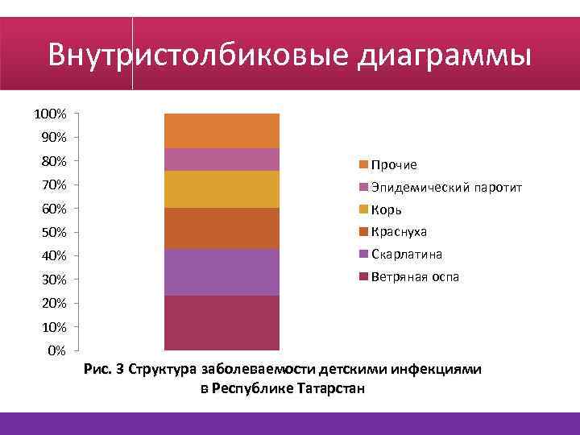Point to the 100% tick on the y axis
[50, 114]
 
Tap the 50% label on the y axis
[53, 233]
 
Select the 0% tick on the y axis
[56, 350]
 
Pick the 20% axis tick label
[53, 303]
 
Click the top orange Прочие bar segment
[222, 130]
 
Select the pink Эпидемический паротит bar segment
[222, 159]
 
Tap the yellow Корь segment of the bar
[222, 189]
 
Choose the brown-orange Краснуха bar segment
[222, 228]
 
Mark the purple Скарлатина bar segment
[222, 272]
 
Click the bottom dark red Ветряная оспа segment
[222, 322]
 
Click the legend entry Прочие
[394, 165]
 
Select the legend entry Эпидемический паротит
[446, 188]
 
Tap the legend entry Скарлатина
[406, 255]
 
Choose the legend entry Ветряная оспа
[414, 277]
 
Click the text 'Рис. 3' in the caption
[103, 371]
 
